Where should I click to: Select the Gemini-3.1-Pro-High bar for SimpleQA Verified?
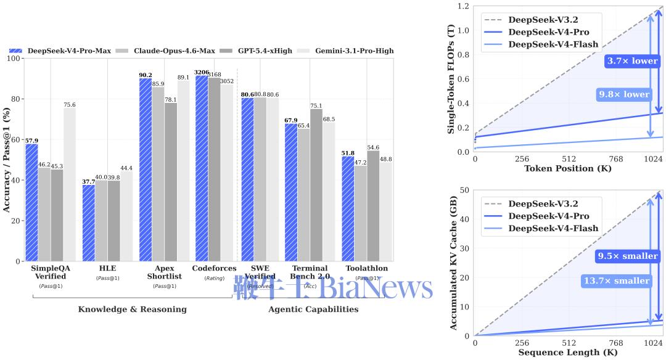pos(70,184)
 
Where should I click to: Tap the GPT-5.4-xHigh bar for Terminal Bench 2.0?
pos(316,185)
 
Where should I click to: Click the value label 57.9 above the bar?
pos(31,141)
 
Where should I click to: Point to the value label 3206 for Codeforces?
pos(202,72)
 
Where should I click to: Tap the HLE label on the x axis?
pos(107,268)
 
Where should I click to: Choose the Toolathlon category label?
pos(366,268)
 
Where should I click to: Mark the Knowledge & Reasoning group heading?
pos(132,309)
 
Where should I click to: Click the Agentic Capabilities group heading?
pos(313,309)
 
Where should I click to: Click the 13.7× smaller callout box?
pos(616,281)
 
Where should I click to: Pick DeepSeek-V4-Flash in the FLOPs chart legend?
pos(553,44)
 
